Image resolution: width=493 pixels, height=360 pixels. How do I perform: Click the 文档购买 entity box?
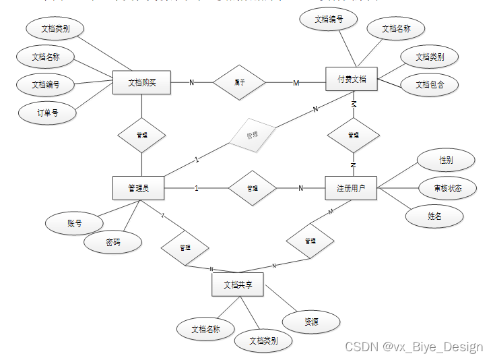coord(141,82)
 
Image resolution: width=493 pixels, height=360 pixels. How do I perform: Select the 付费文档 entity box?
coord(352,79)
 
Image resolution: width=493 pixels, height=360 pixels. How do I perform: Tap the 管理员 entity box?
coord(139,187)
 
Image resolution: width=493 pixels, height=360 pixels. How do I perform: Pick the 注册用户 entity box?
coord(351,187)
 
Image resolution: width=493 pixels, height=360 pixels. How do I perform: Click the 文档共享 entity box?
coord(237,284)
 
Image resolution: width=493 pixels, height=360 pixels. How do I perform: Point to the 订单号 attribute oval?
coord(47,113)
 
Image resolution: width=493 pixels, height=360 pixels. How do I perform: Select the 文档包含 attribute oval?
coord(429,84)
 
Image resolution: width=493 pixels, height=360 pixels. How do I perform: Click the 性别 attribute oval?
coord(445,160)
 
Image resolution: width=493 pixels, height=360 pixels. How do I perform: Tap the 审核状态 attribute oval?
coord(448,188)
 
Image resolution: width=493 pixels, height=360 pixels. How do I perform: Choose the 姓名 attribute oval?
coord(435,216)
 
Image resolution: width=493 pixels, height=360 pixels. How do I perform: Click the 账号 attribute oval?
coord(74,222)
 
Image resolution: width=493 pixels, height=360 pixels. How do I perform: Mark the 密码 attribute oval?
coord(113,242)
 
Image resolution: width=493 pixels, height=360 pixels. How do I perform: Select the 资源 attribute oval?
coord(310,322)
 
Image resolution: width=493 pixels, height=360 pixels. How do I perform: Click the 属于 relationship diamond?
coord(240,82)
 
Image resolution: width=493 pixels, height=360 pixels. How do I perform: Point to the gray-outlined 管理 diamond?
coord(252,136)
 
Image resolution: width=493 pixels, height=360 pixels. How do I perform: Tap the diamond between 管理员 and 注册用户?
coord(252,188)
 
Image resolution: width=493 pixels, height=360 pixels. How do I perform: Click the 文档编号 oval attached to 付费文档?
coord(329,20)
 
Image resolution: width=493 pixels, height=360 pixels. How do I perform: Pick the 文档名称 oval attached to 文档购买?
coord(46,57)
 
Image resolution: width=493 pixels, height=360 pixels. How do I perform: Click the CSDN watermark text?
coord(414,347)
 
